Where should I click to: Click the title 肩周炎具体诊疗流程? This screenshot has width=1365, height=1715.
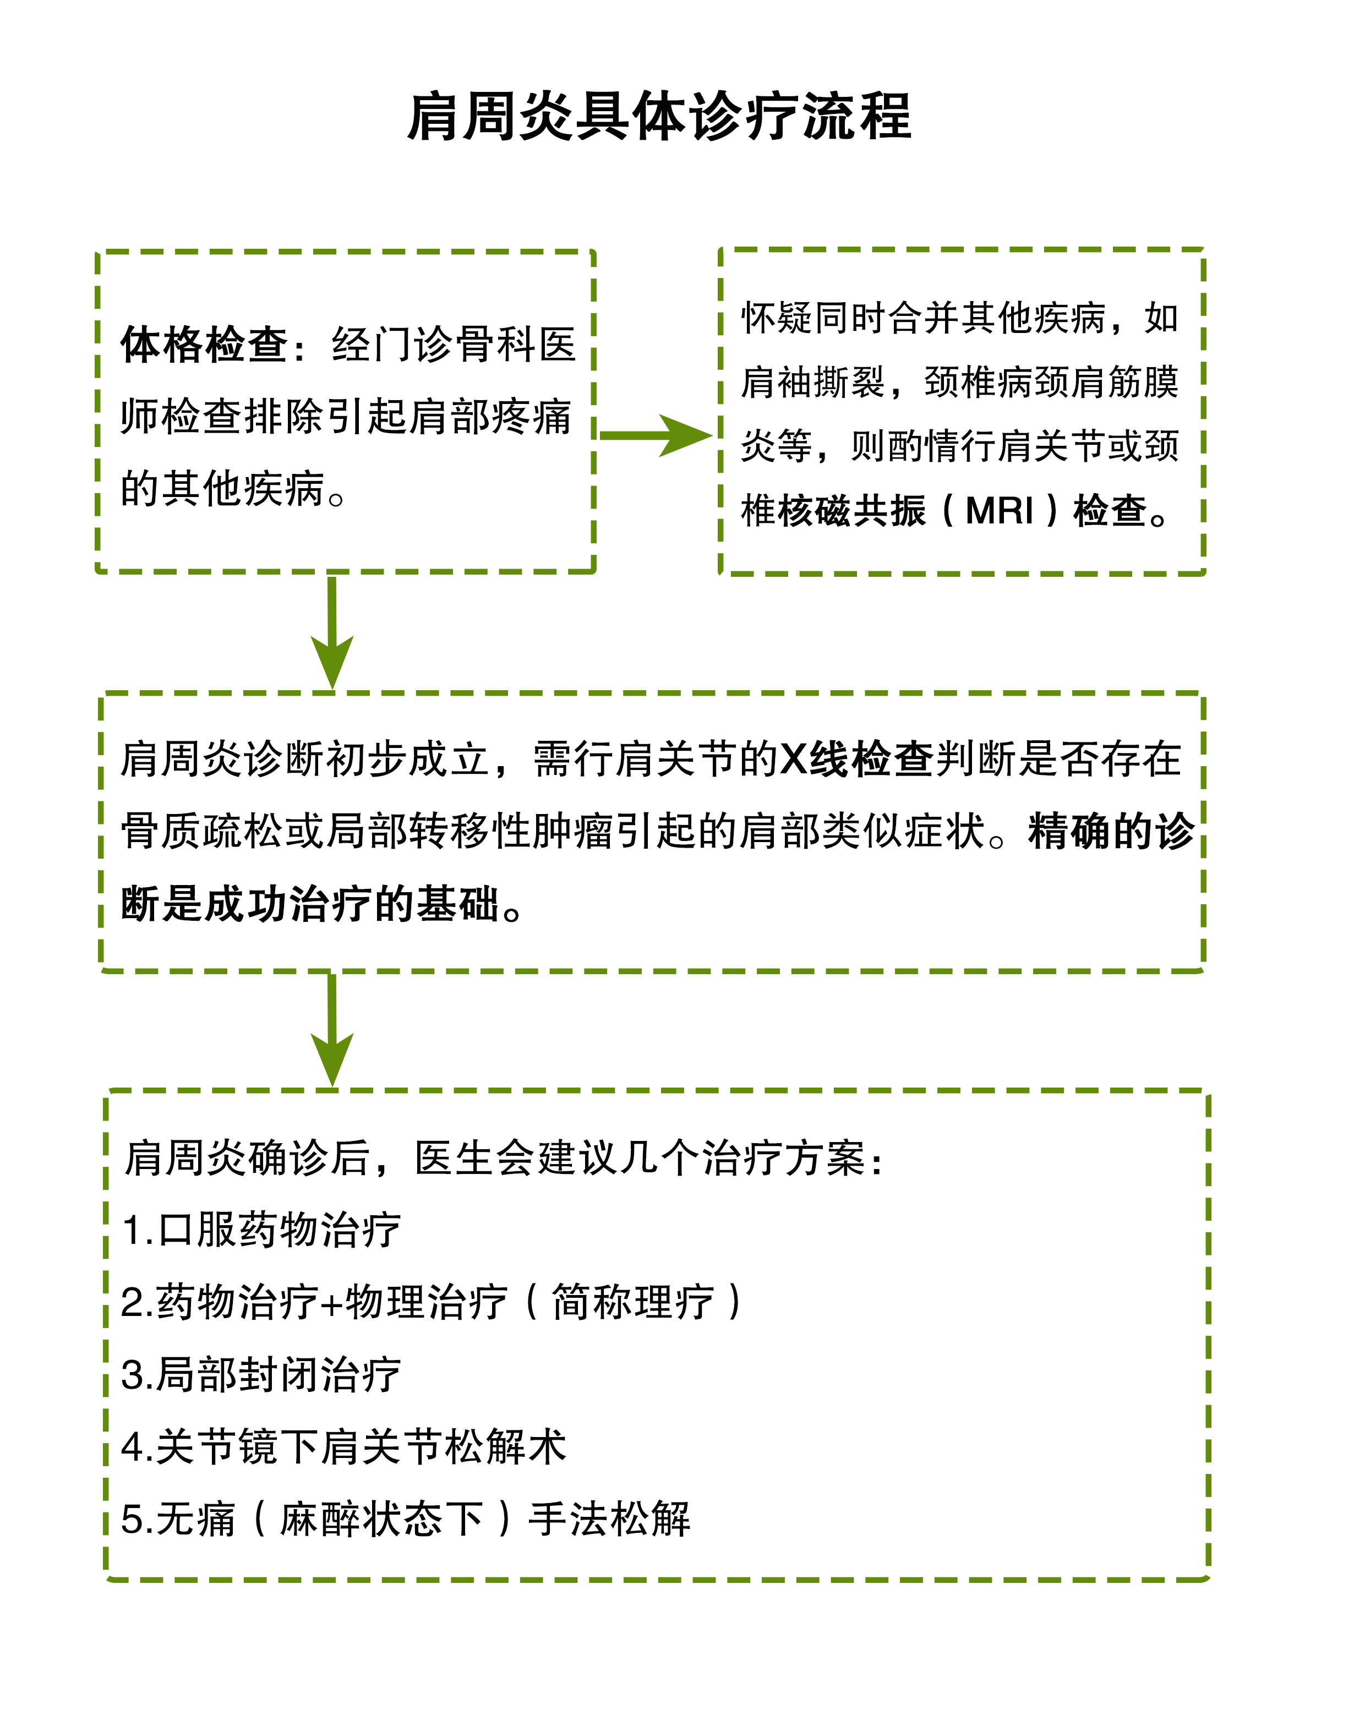(x=659, y=117)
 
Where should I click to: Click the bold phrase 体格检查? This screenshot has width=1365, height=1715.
(x=204, y=345)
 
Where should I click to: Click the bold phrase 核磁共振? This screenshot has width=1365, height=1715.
(x=852, y=511)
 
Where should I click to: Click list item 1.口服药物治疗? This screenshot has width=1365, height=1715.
(x=261, y=1230)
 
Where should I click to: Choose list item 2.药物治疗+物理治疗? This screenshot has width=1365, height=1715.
(x=431, y=1302)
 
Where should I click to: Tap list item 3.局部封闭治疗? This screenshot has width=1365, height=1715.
(x=261, y=1374)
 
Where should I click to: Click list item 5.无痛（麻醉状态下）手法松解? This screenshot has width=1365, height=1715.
(x=406, y=1519)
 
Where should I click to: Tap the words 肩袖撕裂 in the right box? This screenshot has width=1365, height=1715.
(x=813, y=383)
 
